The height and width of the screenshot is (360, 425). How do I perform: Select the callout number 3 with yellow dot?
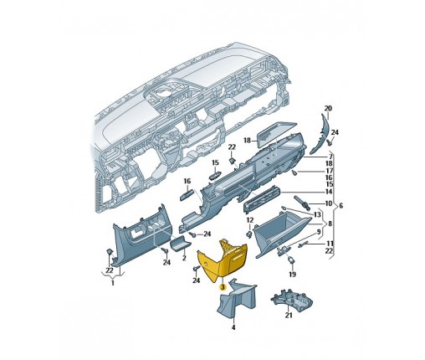(223, 287)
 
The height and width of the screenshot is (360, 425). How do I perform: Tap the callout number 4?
(233, 327)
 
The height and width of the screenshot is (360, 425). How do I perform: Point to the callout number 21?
(289, 315)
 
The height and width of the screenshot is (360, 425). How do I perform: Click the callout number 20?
(328, 108)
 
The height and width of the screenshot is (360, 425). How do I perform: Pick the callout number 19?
(292, 275)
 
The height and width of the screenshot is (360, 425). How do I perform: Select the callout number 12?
(249, 220)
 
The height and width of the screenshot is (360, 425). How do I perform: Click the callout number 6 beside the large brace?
(341, 206)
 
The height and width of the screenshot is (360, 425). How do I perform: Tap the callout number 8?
(330, 224)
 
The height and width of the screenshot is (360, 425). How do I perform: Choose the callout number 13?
(317, 214)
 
